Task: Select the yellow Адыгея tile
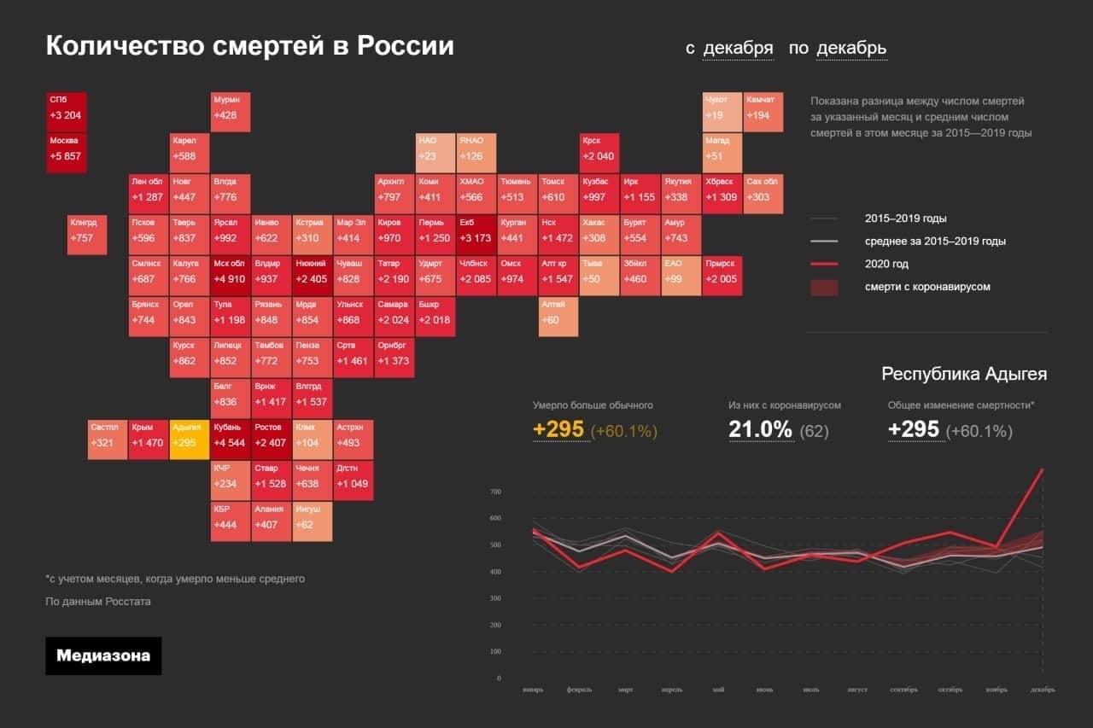(189, 440)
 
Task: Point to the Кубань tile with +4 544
(231, 440)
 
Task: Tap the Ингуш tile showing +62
(313, 521)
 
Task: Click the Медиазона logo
(103, 656)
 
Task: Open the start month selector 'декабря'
(738, 49)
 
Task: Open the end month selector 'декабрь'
(851, 49)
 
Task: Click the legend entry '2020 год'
(888, 265)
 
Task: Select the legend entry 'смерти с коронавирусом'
(927, 287)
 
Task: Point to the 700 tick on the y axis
(495, 492)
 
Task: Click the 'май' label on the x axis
(718, 690)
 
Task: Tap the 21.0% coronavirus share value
(760, 429)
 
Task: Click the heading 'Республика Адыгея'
(964, 374)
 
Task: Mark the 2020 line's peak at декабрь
(1043, 469)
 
